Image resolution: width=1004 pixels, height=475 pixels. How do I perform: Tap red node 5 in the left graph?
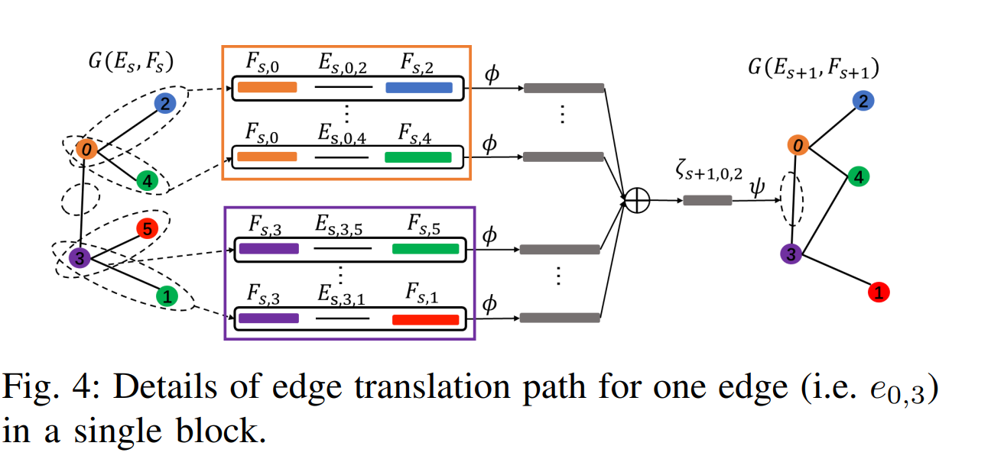click(147, 228)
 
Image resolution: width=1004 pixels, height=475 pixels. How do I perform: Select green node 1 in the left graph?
click(168, 295)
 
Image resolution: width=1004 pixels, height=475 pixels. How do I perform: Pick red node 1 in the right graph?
click(879, 291)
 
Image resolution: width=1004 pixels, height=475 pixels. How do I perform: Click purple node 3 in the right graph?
click(791, 254)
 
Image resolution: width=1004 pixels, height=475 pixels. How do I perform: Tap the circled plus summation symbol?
click(637, 200)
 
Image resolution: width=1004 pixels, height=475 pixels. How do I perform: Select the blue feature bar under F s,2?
click(418, 88)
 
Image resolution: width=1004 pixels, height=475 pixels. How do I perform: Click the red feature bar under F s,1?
click(425, 319)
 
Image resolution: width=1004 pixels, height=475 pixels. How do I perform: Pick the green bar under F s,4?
click(418, 157)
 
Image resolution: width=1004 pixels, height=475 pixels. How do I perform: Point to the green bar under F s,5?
click(425, 249)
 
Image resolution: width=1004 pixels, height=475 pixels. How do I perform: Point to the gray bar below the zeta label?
click(707, 200)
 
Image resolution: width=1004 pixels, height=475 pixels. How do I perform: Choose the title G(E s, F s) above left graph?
click(128, 60)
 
